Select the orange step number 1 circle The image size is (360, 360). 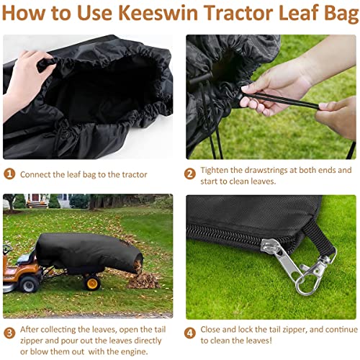pyautogui.click(x=9, y=174)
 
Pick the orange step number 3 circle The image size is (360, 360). pyautogui.click(x=9, y=332)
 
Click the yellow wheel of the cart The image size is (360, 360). pyautogui.click(x=91, y=283)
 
